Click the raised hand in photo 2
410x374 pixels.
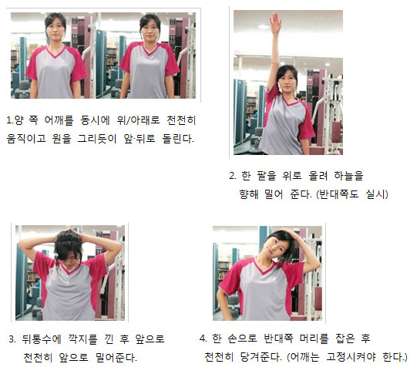tap(275, 24)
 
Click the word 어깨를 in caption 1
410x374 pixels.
tap(59, 120)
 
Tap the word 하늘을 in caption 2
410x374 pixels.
tap(349, 176)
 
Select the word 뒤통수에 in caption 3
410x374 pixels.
tap(42, 339)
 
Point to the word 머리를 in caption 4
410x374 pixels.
tap(314, 339)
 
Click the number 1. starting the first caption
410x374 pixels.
tap(10, 120)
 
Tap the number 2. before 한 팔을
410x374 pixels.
tap(233, 176)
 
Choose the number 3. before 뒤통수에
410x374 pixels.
tap(12, 339)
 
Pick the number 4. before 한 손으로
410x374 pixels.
tap(203, 339)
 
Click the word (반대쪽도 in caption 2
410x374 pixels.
tap(338, 194)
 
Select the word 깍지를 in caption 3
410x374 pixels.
tap(82, 339)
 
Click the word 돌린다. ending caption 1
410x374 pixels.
tap(178, 139)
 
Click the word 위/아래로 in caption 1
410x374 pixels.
tap(138, 120)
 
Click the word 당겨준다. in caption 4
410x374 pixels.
tap(261, 357)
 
